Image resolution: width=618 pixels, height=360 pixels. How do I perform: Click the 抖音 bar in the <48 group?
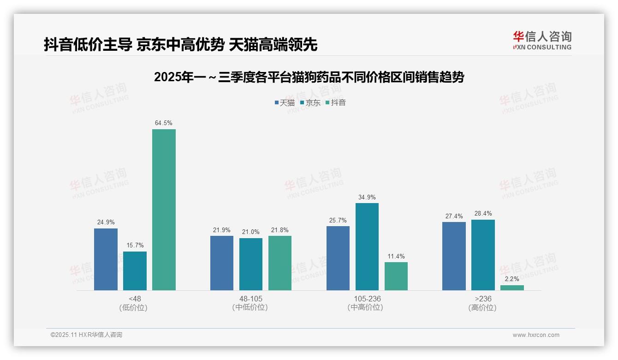click(164, 210)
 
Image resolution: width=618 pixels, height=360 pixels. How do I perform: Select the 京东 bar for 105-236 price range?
click(367, 246)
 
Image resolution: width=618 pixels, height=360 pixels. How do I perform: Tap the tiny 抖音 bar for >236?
click(512, 288)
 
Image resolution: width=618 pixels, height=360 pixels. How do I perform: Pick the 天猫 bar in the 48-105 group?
click(222, 263)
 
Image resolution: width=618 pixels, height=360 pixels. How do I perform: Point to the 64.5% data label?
click(164, 123)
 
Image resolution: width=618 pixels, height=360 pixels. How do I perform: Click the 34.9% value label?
click(367, 198)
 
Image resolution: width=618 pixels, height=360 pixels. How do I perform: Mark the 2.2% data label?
click(512, 279)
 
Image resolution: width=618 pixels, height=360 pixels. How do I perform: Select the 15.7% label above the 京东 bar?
click(135, 246)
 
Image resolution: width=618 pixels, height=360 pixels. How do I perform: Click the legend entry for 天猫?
click(285, 103)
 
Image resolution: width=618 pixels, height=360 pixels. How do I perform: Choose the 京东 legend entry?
click(310, 103)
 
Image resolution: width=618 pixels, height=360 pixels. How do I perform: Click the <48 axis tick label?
click(135, 299)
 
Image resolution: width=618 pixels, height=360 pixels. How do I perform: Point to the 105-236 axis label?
click(367, 299)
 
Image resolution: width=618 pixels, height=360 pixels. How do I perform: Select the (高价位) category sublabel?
click(482, 307)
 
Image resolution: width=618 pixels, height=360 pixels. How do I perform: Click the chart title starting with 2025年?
click(309, 77)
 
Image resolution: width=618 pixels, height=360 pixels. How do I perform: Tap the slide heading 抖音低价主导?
click(180, 45)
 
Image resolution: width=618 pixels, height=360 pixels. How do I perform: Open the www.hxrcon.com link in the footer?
click(536, 335)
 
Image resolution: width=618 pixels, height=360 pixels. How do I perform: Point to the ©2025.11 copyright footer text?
click(86, 335)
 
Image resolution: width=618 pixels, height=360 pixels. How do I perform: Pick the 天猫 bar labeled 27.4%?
click(454, 256)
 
